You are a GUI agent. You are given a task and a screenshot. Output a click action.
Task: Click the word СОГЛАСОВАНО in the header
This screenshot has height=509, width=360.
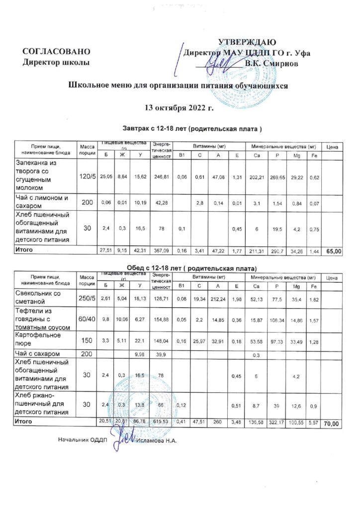click(57, 52)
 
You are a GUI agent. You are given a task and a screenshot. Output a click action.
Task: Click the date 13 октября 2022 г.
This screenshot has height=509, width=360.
click(179, 107)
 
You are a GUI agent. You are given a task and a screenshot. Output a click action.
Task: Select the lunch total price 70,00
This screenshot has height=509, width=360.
click(332, 424)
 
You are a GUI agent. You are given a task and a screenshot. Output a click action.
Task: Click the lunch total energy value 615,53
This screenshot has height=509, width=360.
click(162, 422)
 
